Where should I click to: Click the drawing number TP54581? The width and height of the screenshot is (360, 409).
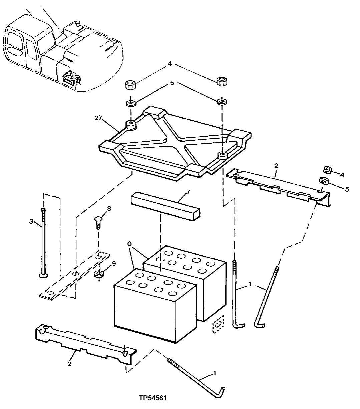click(153, 398)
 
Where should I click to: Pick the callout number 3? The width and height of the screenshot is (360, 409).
click(31, 221)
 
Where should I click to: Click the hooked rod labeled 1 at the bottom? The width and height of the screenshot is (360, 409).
click(197, 377)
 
